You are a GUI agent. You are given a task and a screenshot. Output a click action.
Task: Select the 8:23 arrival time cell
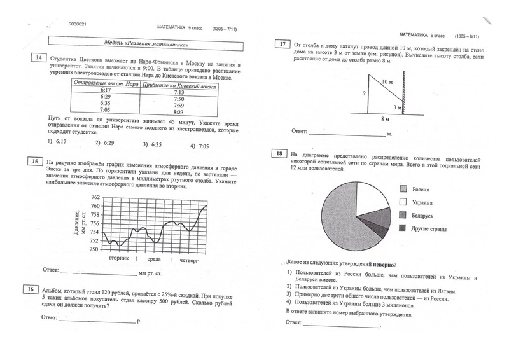178,112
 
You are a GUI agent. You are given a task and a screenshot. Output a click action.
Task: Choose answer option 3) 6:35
153,144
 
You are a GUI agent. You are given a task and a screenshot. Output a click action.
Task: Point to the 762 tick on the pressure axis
95,197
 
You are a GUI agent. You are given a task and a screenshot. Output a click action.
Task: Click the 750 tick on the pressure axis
95,249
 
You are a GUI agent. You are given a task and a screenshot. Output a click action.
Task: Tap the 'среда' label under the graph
153,261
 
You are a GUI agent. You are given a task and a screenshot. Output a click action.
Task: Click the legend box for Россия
403,189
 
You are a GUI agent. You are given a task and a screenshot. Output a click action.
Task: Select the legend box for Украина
403,202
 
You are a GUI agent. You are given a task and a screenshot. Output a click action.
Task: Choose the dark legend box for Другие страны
403,228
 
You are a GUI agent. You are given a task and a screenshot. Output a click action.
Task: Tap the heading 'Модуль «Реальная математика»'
137,42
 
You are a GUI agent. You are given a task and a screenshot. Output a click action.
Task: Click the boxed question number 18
279,153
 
